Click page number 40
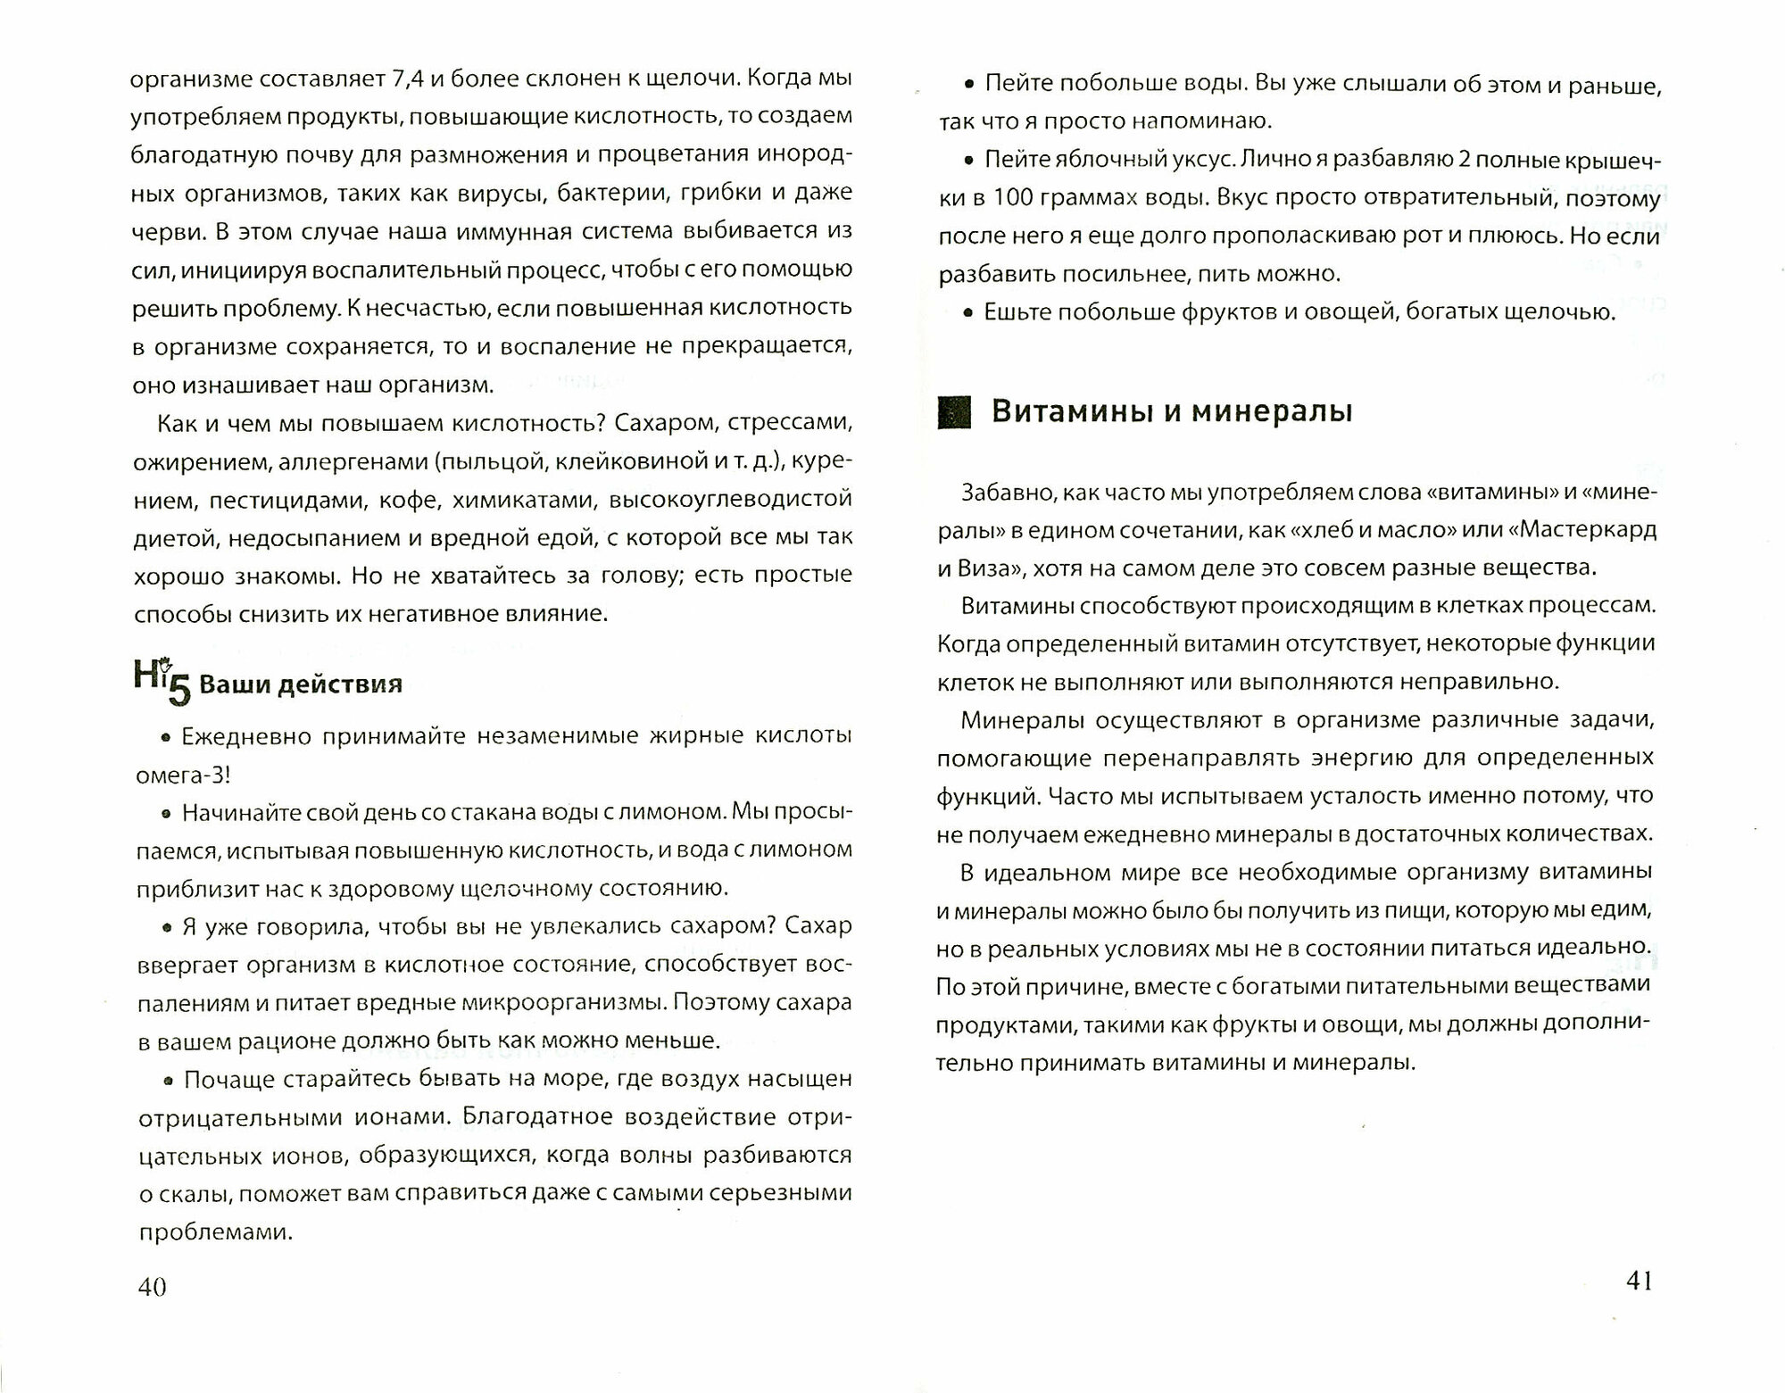pyautogui.click(x=152, y=1286)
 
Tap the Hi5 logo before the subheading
pyautogui.click(x=162, y=682)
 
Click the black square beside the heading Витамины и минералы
pyautogui.click(x=953, y=413)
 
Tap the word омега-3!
pyautogui.click(x=183, y=775)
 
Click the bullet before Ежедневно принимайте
pyautogui.click(x=164, y=738)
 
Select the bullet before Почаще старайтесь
pyautogui.click(x=166, y=1081)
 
